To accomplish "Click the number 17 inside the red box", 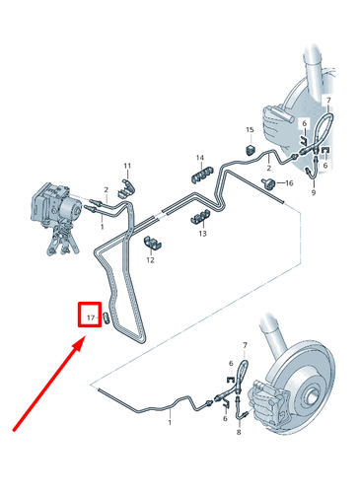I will click(90, 317).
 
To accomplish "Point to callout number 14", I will click(199, 158).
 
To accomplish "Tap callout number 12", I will click(150, 260).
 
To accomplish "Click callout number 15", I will click(251, 130).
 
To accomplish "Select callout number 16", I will click(289, 183).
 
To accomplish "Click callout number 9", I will click(313, 193).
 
